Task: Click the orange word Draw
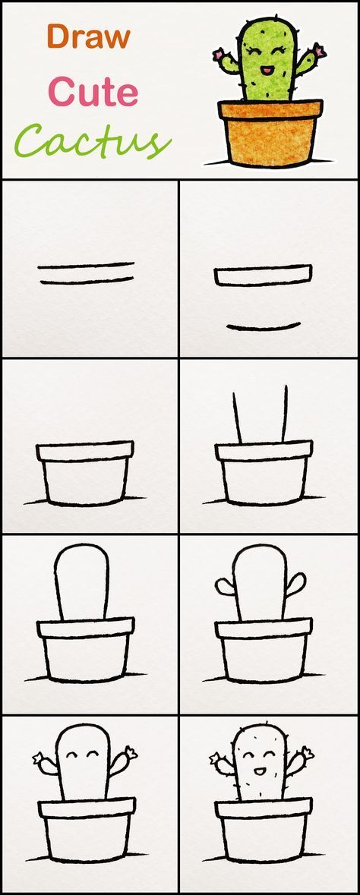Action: pyautogui.click(x=88, y=36)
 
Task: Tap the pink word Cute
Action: pyautogui.click(x=93, y=93)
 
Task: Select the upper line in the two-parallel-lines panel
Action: pyautogui.click(x=86, y=266)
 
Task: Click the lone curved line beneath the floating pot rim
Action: pyautogui.click(x=264, y=327)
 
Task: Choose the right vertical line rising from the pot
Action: pyautogui.click(x=286, y=413)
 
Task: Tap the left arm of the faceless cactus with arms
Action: pyautogui.click(x=225, y=586)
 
